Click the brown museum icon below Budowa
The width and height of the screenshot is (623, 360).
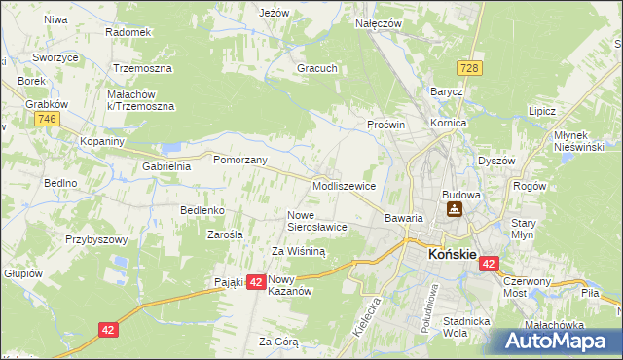(454, 210)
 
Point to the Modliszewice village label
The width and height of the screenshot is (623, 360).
(345, 185)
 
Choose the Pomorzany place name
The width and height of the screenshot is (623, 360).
(239, 159)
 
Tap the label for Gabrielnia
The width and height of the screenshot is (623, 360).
(166, 166)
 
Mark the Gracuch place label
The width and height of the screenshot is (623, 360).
(317, 69)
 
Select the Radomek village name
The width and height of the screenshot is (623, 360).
(128, 32)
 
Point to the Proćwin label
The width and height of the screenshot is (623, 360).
(385, 126)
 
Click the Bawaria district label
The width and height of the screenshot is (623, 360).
(404, 218)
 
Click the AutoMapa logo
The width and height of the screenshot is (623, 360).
(555, 341)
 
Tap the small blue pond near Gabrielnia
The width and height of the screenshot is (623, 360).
(172, 148)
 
